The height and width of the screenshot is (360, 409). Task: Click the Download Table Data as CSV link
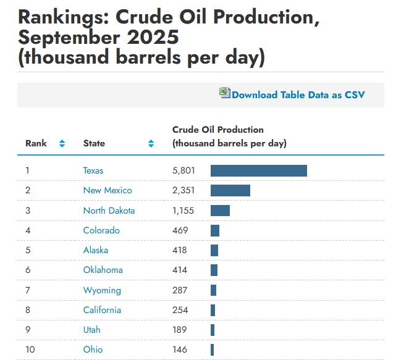298,94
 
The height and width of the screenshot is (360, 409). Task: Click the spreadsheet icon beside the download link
224,93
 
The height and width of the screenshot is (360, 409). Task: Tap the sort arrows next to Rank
62,143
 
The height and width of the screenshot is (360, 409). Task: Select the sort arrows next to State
151,143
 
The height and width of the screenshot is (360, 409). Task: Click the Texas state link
93,170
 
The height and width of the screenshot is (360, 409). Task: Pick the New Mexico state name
108,190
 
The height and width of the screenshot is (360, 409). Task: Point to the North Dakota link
109,211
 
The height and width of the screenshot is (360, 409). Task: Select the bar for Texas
258,170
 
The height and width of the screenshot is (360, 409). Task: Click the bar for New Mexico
230,190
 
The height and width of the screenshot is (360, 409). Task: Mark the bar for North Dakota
220,211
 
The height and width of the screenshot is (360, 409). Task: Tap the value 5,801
183,170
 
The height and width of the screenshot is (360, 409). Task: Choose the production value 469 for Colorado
180,230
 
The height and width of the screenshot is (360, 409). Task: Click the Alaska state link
96,250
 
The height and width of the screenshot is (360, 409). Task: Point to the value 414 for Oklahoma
180,270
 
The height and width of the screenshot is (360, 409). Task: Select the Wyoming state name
102,290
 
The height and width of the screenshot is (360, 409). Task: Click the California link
102,310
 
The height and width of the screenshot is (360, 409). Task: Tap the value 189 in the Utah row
179,330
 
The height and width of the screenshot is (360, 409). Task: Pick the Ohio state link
93,350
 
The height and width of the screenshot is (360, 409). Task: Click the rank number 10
30,350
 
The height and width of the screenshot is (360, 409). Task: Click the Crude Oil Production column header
218,130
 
